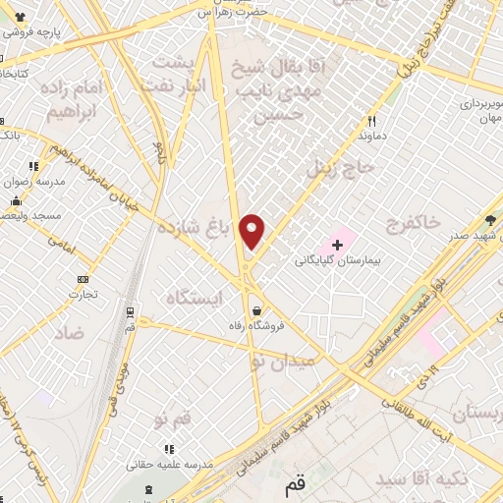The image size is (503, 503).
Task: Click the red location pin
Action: [252, 231]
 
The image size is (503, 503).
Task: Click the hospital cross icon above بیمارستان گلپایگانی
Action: [337, 243]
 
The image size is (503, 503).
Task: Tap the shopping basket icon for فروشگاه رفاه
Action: [255, 311]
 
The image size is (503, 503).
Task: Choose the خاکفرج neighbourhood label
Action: [414, 224]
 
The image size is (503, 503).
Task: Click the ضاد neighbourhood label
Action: [71, 334]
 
